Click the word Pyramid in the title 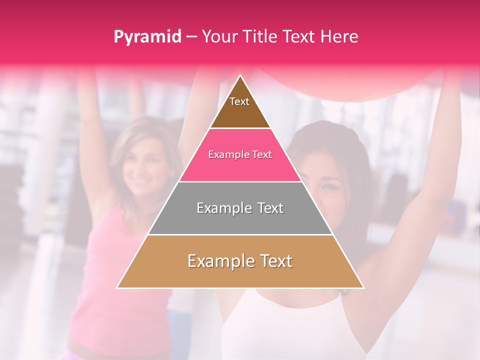pos(147,37)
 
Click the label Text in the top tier pos(239,101)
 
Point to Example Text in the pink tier pos(240,154)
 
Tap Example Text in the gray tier pos(240,208)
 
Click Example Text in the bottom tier pos(240,261)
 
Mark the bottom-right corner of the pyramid pos(363,287)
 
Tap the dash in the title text pos(191,37)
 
